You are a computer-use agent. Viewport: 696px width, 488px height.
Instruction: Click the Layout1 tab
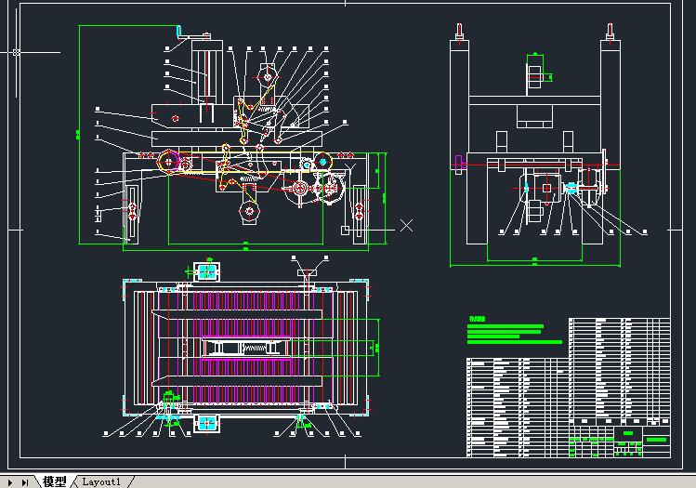(101, 481)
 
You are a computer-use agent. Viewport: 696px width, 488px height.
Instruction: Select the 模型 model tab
(55, 481)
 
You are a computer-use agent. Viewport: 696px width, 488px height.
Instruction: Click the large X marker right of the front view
(406, 225)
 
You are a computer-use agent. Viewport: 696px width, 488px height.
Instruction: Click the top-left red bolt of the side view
(457, 38)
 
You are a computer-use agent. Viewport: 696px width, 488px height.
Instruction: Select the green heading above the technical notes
(477, 318)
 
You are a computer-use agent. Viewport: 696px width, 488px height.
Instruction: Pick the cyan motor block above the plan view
(205, 271)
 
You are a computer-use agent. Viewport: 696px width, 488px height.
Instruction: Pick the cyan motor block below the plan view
(205, 423)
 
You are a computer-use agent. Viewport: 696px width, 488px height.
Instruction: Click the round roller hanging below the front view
(248, 214)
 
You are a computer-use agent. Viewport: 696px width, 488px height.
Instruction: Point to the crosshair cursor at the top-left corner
(16, 53)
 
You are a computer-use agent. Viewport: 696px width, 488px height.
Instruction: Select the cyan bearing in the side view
(571, 189)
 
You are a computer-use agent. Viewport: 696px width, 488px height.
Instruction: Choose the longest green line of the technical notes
(515, 342)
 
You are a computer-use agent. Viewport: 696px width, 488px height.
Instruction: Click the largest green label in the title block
(656, 439)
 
